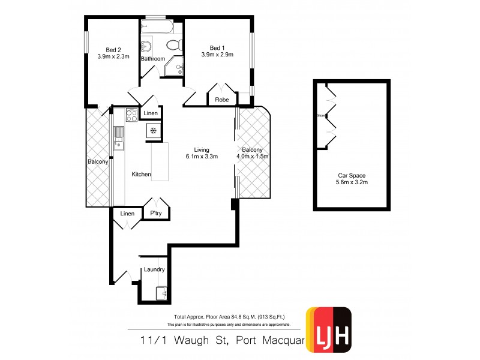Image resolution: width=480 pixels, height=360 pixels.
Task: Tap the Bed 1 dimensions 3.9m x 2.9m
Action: [217, 55]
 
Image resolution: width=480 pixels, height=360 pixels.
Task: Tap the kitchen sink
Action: [118, 138]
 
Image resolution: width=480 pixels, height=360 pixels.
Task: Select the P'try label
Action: [156, 214]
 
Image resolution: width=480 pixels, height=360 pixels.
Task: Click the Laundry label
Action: [154, 269]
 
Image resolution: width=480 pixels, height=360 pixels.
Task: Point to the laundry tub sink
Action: [161, 293]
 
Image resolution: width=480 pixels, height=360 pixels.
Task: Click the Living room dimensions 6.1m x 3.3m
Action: [201, 157]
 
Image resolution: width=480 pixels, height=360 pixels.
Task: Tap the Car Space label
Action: [351, 176]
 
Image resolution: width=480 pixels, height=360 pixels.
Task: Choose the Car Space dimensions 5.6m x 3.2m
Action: [351, 182]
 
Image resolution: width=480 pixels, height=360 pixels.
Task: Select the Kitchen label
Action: [142, 174]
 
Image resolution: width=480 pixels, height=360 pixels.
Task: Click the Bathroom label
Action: [153, 59]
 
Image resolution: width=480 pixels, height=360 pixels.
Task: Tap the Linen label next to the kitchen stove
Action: [151, 113]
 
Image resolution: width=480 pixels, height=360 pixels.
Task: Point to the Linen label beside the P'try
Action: [127, 214]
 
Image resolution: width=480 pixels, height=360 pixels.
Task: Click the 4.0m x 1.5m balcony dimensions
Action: [253, 157]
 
